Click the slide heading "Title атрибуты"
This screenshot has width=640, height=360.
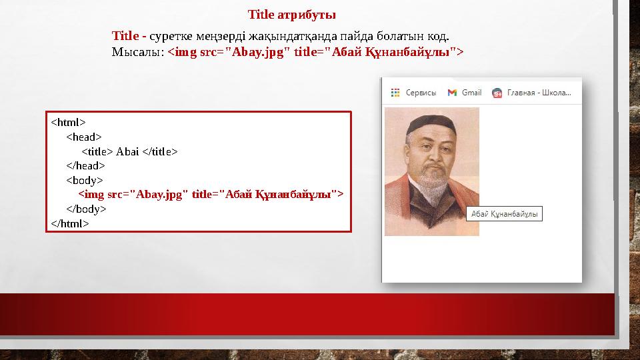point(291,14)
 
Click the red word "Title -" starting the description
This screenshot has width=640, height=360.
point(129,35)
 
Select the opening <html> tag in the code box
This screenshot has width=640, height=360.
point(68,122)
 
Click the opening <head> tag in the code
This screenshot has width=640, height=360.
point(83,137)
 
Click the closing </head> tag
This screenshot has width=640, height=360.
point(85,165)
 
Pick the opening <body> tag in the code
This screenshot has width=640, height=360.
point(84,180)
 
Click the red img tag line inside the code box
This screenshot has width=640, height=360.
point(211,194)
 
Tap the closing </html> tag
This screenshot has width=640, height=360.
point(69,223)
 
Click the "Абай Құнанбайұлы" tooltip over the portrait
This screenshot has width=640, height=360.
point(504,214)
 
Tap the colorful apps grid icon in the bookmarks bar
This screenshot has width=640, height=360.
point(395,93)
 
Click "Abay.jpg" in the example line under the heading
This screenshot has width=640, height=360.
point(251,52)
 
